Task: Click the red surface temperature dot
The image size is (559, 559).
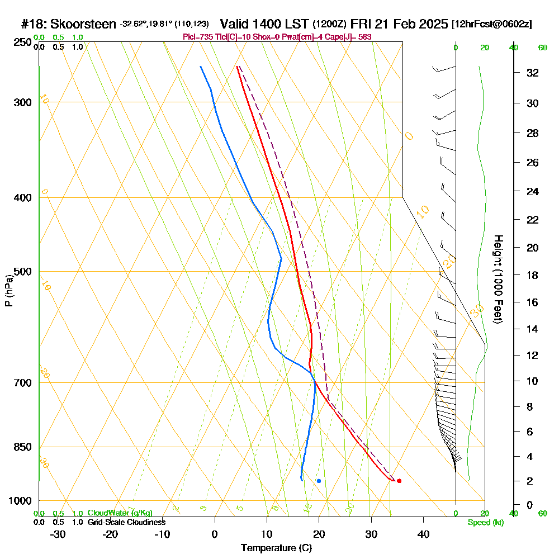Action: (399, 481)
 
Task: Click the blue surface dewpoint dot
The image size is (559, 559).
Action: (319, 481)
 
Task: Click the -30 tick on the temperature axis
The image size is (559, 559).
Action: (58, 534)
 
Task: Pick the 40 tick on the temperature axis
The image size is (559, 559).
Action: (423, 534)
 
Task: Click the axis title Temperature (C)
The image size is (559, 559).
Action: (276, 548)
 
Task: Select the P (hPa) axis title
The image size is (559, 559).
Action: (8, 290)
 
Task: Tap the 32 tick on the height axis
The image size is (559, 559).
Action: (533, 73)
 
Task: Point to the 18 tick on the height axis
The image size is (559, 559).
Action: (533, 275)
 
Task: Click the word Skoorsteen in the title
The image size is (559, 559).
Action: (83, 25)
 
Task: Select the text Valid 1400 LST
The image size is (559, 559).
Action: (264, 25)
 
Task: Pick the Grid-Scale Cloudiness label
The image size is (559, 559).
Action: (126, 522)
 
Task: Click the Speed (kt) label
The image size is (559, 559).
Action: (485, 522)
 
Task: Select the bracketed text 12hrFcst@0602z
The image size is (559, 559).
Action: (492, 25)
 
